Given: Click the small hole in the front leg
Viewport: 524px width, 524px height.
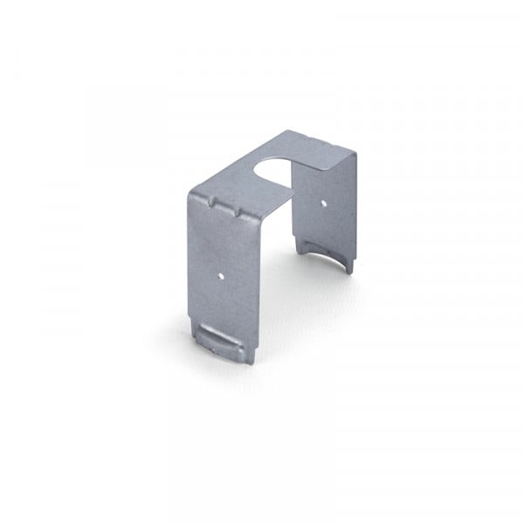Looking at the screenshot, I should click(x=224, y=272).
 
